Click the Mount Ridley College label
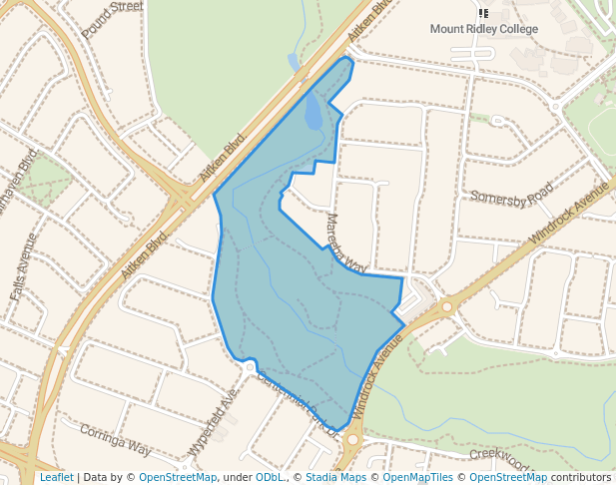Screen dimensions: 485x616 pyautogui.click(x=483, y=29)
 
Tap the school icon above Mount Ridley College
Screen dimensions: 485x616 pyautogui.click(x=483, y=14)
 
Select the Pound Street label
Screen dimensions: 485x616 pyautogui.click(x=113, y=19)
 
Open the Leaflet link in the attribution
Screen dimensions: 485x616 pyautogui.click(x=56, y=477)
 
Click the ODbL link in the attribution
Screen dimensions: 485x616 pyautogui.click(x=269, y=477)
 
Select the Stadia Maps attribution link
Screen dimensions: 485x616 pyautogui.click(x=335, y=477)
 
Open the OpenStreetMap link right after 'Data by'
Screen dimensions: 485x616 pyautogui.click(x=178, y=477)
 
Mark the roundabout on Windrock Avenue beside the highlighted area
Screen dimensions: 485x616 pyautogui.click(x=447, y=307)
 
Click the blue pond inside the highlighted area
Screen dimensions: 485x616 pyautogui.click(x=314, y=111)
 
